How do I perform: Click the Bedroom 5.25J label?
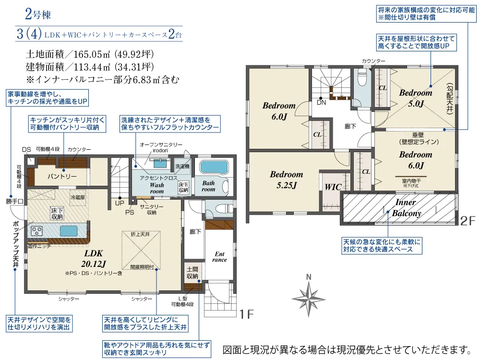click(286, 180)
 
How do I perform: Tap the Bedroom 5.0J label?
click(416, 98)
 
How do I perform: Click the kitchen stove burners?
click(37, 231)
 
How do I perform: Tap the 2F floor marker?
click(468, 221)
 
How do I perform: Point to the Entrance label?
click(219, 257)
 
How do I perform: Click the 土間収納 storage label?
click(192, 273)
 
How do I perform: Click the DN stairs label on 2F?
click(320, 102)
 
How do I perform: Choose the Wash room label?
click(157, 188)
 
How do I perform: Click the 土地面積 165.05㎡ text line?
click(89, 54)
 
